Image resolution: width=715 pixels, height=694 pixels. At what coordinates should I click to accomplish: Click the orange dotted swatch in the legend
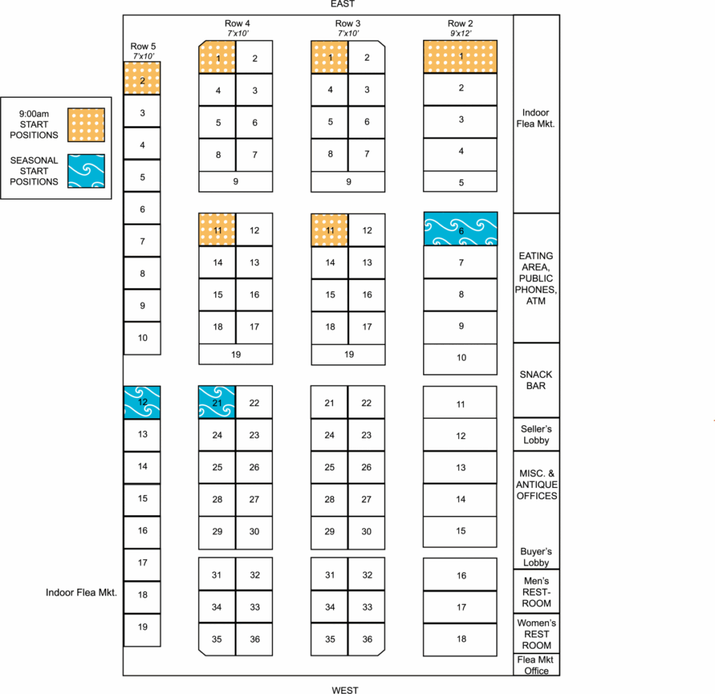[86, 125]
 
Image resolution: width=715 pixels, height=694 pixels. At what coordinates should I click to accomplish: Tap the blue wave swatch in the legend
[86, 171]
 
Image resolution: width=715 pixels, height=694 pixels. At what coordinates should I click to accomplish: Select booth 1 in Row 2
[460, 57]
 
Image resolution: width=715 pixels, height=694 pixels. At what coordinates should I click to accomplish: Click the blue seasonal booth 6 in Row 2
[461, 229]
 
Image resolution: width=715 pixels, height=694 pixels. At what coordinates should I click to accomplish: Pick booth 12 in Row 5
[142, 402]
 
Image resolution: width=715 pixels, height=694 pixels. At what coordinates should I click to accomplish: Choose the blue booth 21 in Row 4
[217, 402]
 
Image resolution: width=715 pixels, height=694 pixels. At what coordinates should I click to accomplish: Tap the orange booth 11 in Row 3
[330, 230]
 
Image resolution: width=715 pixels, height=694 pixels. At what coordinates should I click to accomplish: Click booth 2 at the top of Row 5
[142, 78]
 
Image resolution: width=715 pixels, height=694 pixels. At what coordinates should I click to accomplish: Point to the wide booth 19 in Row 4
[236, 354]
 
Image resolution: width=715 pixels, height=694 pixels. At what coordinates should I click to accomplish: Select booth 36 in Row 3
[367, 640]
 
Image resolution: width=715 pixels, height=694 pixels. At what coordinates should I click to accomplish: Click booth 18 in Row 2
[460, 640]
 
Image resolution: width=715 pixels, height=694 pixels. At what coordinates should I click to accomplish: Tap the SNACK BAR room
[536, 381]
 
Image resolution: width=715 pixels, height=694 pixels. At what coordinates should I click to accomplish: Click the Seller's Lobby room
[536, 434]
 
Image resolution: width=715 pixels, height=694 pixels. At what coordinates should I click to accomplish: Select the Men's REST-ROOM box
[536, 591]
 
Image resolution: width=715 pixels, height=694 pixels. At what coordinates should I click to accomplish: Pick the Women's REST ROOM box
[536, 634]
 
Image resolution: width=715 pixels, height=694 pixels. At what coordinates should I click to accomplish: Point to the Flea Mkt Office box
[536, 665]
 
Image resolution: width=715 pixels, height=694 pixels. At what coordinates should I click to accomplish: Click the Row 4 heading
[237, 23]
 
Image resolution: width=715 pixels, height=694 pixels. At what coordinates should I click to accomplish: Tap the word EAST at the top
[342, 4]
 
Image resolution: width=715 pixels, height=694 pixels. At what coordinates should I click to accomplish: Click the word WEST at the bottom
[345, 690]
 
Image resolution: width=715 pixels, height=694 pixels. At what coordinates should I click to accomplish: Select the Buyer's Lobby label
[536, 556]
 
